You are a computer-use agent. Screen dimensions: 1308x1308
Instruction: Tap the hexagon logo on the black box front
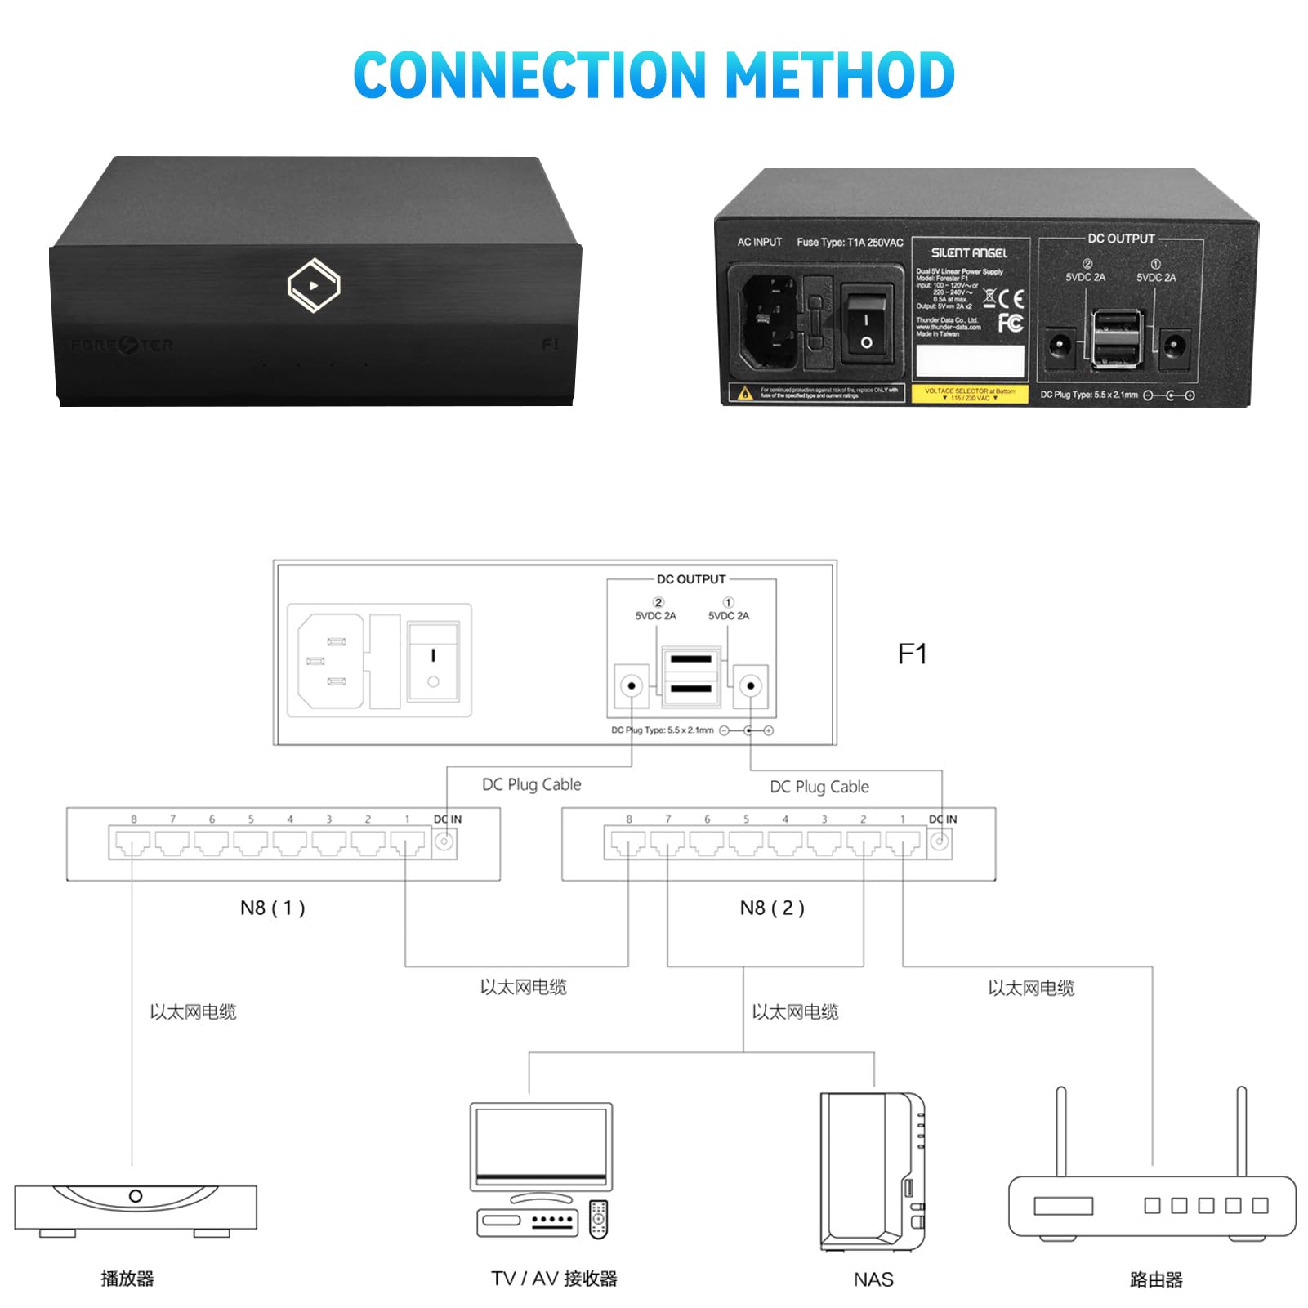point(314,285)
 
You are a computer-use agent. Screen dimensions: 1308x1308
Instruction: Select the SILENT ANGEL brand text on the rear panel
point(969,253)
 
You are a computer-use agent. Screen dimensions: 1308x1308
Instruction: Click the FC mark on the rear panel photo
point(1011,324)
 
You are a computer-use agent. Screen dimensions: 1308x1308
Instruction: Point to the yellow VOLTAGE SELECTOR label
point(969,395)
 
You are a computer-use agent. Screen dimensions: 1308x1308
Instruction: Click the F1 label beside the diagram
point(912,654)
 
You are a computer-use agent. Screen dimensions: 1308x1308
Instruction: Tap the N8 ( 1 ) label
point(272,908)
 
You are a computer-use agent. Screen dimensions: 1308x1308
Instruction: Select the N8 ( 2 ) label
point(772,908)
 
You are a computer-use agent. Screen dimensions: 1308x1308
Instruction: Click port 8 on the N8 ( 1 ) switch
point(132,843)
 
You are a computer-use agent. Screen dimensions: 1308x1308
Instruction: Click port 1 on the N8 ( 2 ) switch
point(903,843)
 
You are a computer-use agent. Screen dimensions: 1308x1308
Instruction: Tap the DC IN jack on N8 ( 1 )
point(444,841)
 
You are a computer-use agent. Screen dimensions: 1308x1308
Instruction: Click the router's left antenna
point(1061,1132)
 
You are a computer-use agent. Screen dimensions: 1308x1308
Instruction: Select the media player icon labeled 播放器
point(136,1208)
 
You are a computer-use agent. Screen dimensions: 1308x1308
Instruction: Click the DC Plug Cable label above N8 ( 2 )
point(819,787)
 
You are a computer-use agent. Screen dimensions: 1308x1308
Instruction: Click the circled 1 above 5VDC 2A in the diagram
point(729,602)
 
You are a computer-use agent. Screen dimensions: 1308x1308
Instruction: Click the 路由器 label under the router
point(1156,1279)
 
